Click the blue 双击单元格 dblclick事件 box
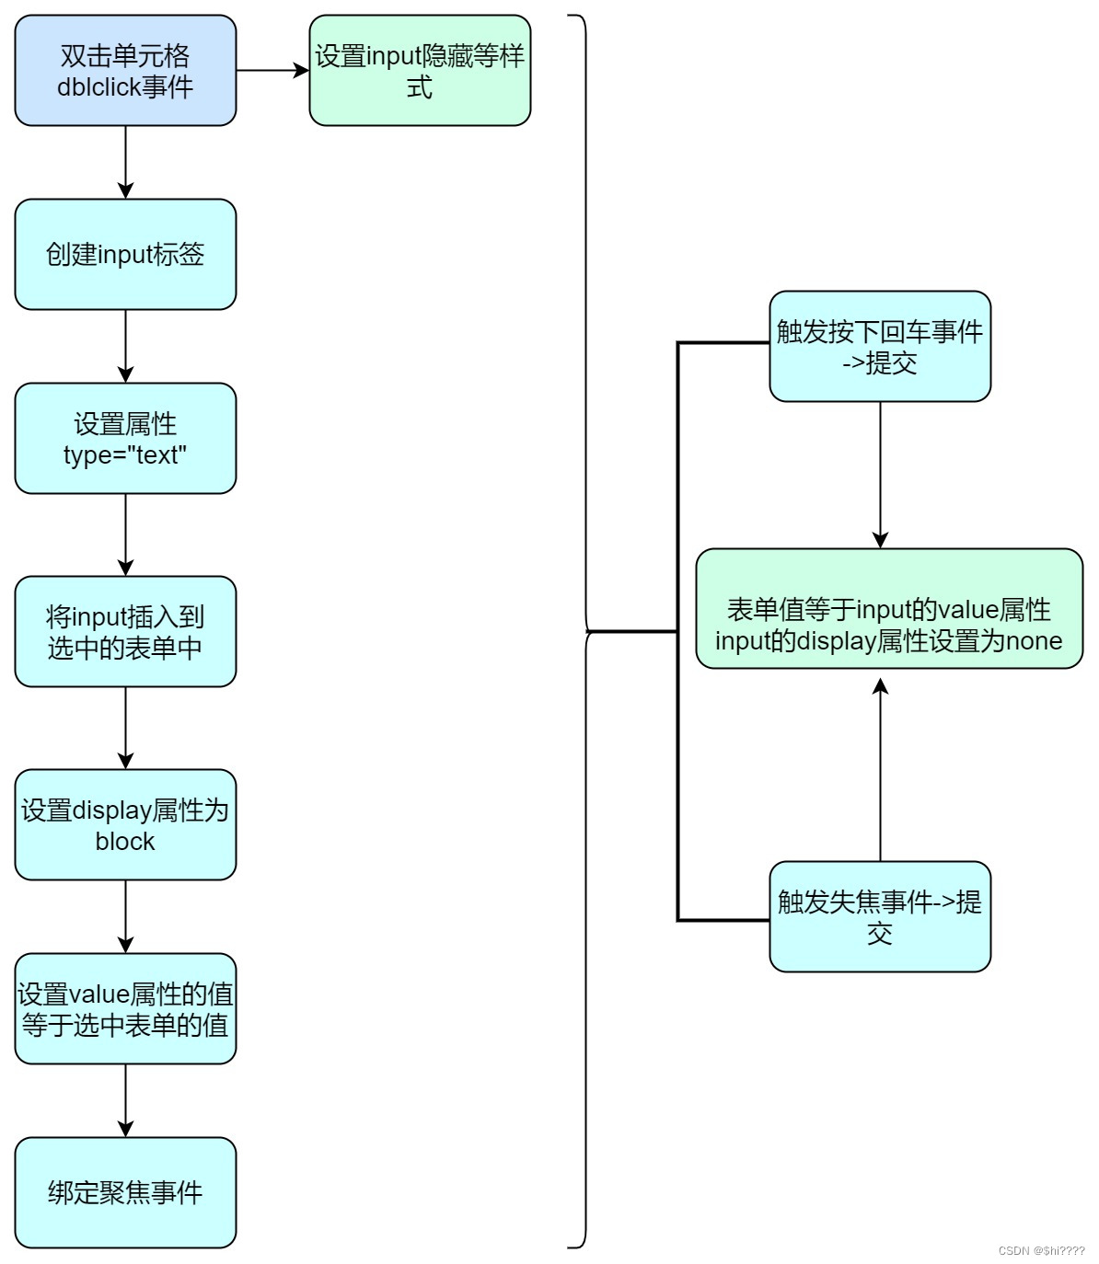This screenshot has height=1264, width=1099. tap(125, 71)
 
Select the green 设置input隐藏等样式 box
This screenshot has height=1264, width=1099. tap(420, 71)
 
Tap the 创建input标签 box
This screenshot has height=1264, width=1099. tap(125, 255)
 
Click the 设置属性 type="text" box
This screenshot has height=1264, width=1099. tap(125, 439)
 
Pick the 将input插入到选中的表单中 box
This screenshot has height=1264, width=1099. tap(125, 632)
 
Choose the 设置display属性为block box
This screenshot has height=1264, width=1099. tap(125, 825)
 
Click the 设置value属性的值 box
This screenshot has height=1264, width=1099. tap(125, 1009)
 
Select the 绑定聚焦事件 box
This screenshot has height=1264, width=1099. tap(125, 1193)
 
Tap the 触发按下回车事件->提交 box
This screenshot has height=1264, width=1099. tap(880, 347)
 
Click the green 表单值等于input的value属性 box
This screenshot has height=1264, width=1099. tap(889, 609)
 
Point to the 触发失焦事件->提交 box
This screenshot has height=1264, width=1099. tap(880, 917)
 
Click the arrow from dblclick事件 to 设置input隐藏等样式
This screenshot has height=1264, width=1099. tap(272, 71)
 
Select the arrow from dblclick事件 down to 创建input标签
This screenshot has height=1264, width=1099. tap(125, 162)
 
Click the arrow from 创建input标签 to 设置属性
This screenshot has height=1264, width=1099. tap(125, 346)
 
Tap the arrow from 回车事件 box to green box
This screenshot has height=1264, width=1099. tap(880, 475)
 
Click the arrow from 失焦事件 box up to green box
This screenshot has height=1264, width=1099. tap(880, 769)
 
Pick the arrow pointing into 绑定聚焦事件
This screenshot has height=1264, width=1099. tap(125, 1100)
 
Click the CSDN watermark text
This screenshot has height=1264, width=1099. tap(1041, 1251)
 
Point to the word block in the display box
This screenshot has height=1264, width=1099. tap(125, 842)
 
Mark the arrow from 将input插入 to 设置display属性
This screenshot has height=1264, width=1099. tap(125, 728)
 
